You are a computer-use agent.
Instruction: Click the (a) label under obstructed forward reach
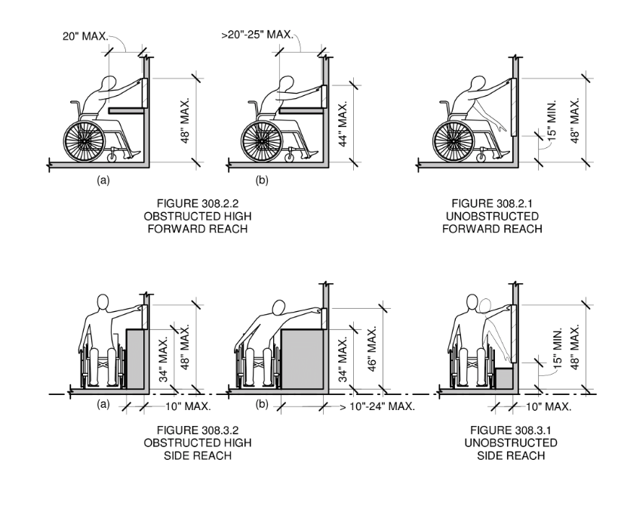point(99,181)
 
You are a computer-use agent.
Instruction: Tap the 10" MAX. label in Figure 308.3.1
point(546,407)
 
